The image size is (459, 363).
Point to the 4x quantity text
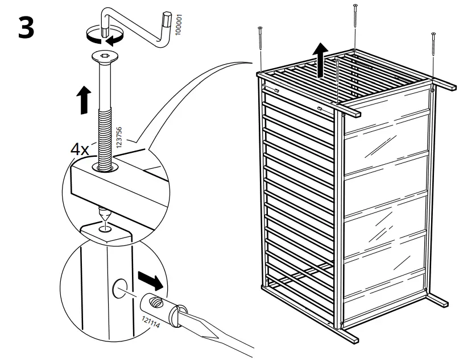[x=79, y=150]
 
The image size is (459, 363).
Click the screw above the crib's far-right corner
[x=433, y=54]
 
